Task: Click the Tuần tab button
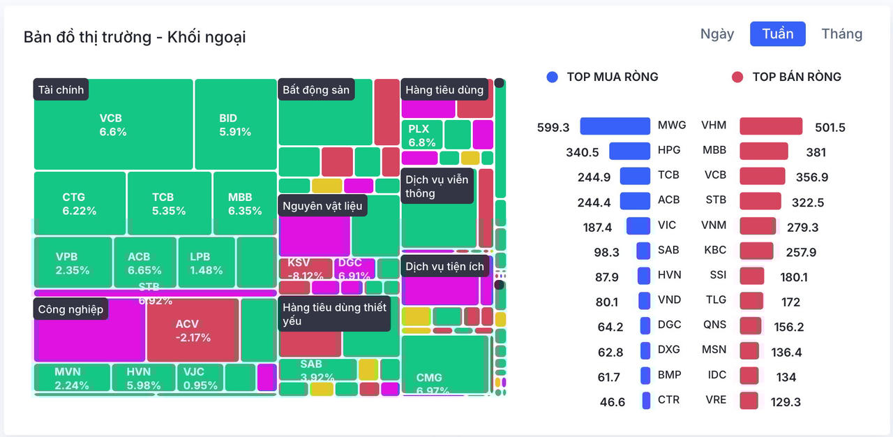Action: click(x=777, y=34)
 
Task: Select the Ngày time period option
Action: click(x=717, y=34)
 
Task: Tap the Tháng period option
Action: click(x=841, y=34)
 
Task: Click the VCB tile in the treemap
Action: click(x=113, y=124)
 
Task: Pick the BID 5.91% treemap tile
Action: click(x=235, y=124)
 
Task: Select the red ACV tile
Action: click(x=193, y=330)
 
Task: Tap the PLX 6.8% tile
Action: click(x=421, y=135)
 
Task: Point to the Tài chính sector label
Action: click(x=61, y=90)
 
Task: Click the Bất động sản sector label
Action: click(x=316, y=90)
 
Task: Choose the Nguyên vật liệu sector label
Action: click(x=322, y=206)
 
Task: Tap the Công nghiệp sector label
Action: click(x=70, y=309)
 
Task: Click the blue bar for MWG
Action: click(x=615, y=126)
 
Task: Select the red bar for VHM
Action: click(x=771, y=126)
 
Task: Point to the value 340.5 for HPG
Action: click(x=583, y=152)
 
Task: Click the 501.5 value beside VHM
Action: click(x=830, y=128)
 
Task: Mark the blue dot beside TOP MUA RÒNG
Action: click(x=553, y=77)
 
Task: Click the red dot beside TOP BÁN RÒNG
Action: click(x=737, y=77)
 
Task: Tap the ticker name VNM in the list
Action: click(x=714, y=225)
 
